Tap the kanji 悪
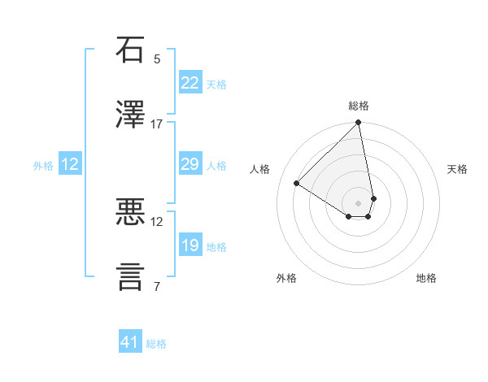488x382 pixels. [131, 212]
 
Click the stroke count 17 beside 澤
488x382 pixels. [157, 124]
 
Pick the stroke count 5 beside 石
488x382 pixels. [157, 59]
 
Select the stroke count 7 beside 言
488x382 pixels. [157, 286]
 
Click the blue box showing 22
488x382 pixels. [190, 83]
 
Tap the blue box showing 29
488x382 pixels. [190, 164]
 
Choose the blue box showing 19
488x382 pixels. [190, 245]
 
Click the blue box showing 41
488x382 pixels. [130, 342]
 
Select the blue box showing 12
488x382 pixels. [70, 164]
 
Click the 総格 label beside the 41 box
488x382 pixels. [156, 344]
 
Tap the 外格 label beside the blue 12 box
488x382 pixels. [43, 166]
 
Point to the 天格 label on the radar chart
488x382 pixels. [458, 169]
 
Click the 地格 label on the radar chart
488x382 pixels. [426, 278]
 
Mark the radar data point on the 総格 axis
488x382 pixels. [358, 124]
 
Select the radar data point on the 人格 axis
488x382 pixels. [297, 184]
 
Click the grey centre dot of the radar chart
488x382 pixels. [358, 203]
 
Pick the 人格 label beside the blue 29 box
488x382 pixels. [216, 166]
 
